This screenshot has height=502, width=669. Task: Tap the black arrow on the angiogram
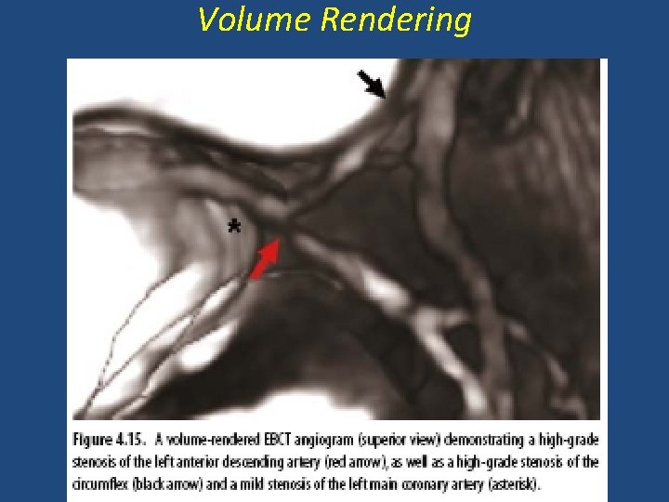pyautogui.click(x=373, y=86)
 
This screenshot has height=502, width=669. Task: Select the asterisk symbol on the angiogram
pyautogui.click(x=234, y=227)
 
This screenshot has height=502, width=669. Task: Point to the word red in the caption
pyautogui.click(x=364, y=462)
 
